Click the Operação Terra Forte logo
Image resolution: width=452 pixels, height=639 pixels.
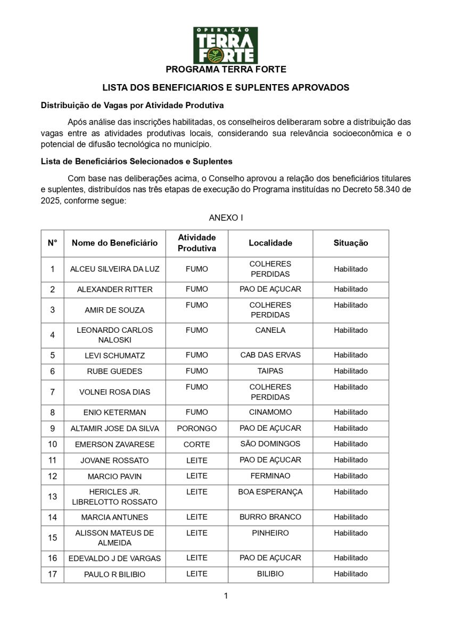pos(225,45)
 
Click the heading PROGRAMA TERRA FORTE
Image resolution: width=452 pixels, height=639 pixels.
pos(226,69)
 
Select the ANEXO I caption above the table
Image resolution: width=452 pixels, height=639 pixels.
pos(226,218)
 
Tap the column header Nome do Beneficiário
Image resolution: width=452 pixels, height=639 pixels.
pos(114,243)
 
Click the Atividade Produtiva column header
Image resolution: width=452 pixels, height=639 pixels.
pos(196,243)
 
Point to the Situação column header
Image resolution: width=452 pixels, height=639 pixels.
pos(350,243)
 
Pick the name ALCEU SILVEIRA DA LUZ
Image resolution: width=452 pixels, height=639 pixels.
pos(114,269)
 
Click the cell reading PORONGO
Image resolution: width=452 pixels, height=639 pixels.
pos(196,429)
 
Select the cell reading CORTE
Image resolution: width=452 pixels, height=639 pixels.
pos(196,445)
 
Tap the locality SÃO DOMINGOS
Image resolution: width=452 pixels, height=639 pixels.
pos(270,444)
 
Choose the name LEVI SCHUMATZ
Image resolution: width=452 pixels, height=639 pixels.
pos(114,356)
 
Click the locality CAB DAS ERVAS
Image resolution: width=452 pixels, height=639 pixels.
pos(270,355)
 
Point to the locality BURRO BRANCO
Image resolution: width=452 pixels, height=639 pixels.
pos(270,517)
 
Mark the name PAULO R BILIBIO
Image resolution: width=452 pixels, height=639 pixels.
pos(114,575)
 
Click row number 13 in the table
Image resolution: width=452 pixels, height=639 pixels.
pos(52,497)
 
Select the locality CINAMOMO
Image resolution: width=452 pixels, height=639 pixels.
pos(270,412)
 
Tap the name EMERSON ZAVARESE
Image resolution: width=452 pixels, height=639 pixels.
pos(114,445)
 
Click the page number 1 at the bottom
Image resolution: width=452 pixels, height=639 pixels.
pos(226,596)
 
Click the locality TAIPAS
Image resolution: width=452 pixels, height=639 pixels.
pos(270,371)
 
